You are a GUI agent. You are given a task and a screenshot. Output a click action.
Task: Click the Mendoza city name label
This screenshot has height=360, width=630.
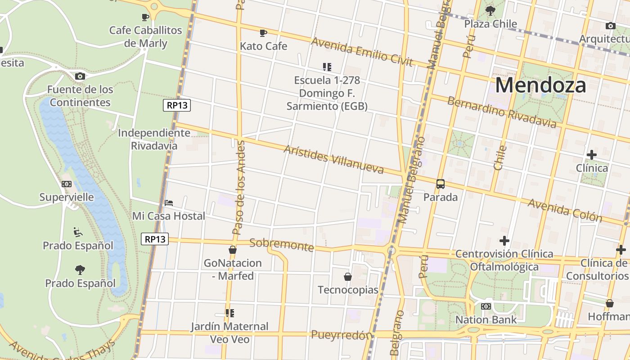click(x=540, y=85)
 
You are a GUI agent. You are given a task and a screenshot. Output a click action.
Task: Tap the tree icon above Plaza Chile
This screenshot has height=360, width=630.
click(x=490, y=10)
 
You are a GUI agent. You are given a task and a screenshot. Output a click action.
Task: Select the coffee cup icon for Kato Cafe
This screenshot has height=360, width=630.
click(x=263, y=33)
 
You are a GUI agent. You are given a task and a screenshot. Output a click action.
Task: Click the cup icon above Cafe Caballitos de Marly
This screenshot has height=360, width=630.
click(x=145, y=17)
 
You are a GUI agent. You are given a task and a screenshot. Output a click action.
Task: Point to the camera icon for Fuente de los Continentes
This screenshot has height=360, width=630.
click(x=80, y=76)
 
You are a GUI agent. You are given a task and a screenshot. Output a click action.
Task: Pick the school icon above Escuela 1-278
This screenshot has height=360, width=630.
click(x=327, y=67)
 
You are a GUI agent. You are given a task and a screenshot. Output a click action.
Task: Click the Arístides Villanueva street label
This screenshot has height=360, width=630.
click(x=333, y=159)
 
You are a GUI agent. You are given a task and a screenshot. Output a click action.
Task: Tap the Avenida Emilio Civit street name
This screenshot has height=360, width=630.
click(x=362, y=52)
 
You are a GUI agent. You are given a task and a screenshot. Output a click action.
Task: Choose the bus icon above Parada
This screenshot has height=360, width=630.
click(x=441, y=184)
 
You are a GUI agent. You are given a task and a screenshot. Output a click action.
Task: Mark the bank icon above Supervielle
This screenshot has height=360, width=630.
click(x=67, y=184)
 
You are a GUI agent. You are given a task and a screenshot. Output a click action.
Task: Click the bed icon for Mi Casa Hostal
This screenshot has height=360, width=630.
click(x=169, y=203)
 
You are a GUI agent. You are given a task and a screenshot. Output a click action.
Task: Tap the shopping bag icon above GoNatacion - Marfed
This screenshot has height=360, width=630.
click(x=233, y=250)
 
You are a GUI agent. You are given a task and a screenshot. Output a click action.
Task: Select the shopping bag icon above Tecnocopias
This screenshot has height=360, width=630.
click(x=348, y=276)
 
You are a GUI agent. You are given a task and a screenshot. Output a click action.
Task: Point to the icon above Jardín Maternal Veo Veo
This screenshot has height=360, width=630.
click(x=229, y=313)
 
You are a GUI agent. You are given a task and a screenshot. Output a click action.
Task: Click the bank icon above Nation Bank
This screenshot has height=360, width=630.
click(x=486, y=306)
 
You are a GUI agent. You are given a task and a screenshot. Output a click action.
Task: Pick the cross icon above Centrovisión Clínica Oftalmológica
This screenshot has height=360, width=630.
click(x=504, y=241)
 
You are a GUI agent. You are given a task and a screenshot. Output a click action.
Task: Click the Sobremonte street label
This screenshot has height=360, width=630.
click(x=281, y=245)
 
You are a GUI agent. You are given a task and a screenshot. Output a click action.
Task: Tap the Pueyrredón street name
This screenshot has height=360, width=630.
click(x=342, y=335)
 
